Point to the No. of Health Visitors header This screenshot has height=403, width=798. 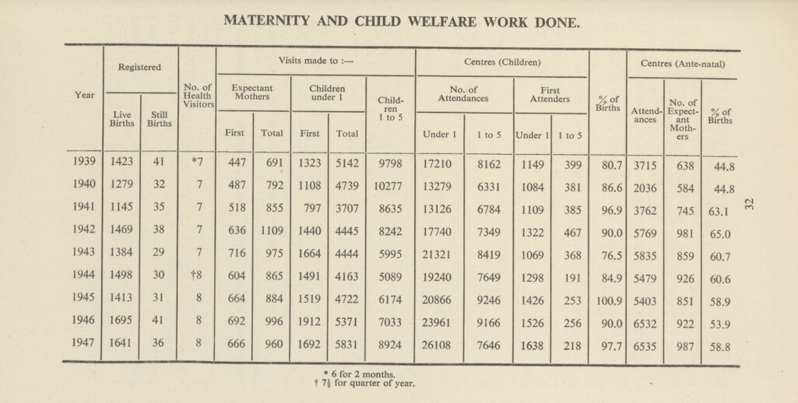pos(198,96)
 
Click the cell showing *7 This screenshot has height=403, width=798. pos(197,163)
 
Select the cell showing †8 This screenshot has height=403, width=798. pos(197,275)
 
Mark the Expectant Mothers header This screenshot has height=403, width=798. pos(254,94)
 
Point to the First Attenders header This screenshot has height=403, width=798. pos(551,95)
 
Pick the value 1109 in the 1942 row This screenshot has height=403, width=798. pos(272,230)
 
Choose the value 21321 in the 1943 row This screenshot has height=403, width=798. pos(439,252)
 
